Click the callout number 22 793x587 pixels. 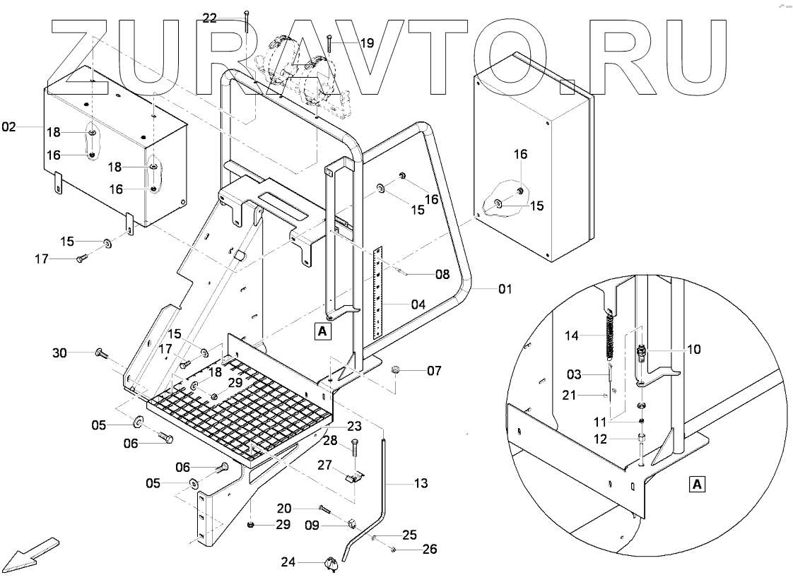point(210,18)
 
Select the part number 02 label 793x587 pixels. point(8,127)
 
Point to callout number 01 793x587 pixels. point(505,289)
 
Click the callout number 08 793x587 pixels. point(442,274)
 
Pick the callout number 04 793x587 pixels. point(418,305)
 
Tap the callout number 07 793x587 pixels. point(433,369)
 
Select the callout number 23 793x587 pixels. point(353,426)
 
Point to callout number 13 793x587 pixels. point(421,484)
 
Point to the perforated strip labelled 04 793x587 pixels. point(379,291)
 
